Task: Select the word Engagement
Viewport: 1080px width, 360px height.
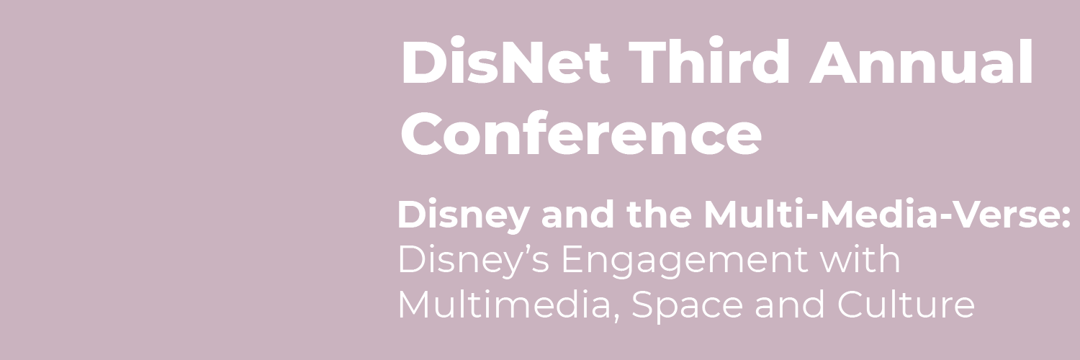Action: (x=684, y=261)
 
